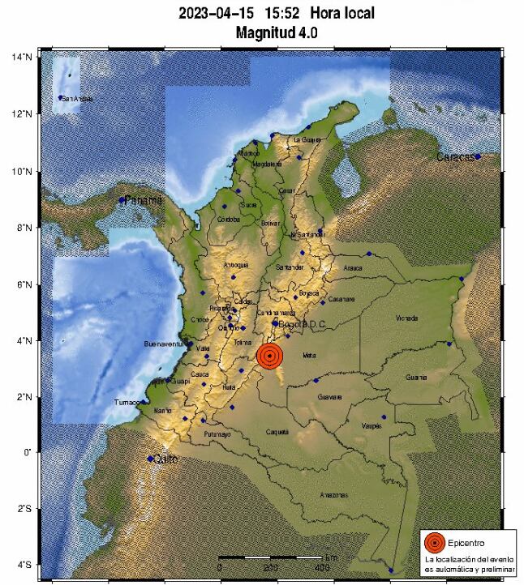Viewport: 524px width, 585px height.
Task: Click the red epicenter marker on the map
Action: (x=270, y=356)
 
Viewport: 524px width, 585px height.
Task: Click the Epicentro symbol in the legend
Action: (x=435, y=542)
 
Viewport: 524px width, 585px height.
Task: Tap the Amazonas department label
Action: (x=333, y=494)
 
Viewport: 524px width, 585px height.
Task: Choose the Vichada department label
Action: (x=407, y=318)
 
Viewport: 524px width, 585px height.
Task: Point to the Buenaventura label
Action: (x=166, y=344)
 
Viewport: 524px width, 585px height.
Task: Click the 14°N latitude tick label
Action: (x=21, y=58)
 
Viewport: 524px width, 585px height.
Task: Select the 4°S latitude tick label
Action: (x=22, y=565)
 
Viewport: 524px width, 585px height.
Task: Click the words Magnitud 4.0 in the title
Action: (x=277, y=32)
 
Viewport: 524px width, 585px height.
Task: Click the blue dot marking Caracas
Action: (x=479, y=156)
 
